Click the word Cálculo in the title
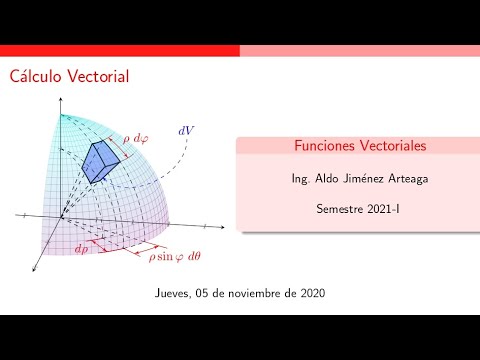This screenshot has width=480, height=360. (38, 76)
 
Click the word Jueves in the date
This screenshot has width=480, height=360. (176, 294)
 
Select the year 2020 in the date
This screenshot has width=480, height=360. (310, 294)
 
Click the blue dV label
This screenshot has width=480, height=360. (186, 131)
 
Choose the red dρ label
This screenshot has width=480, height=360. (80, 249)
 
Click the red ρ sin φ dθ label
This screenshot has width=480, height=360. (174, 256)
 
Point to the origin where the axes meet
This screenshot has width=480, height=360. (61, 218)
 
